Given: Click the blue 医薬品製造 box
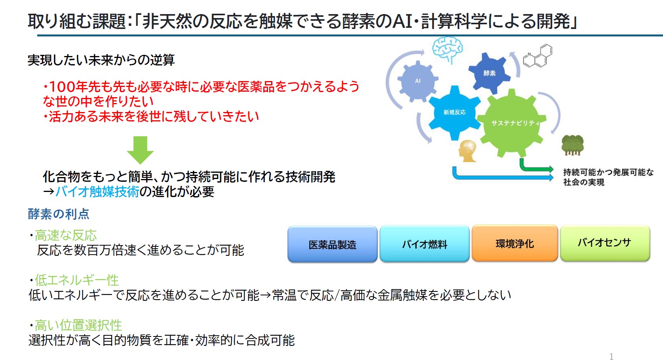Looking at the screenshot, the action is [332, 244].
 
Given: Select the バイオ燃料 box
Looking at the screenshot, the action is [424, 244].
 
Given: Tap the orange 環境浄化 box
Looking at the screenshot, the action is [515, 243].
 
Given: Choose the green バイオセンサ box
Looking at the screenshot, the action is [605, 243].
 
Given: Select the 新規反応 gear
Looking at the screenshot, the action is [454, 112].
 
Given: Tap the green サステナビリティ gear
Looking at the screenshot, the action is [512, 123].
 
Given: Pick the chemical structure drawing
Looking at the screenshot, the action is [538, 56].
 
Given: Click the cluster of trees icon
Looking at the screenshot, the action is [572, 145].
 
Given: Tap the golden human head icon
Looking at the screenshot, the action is [467, 151].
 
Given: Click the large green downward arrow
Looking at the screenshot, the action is [140, 150].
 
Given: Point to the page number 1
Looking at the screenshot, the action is [611, 356].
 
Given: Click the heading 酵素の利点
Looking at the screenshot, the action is [58, 214].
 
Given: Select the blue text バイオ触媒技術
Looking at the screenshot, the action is [98, 192].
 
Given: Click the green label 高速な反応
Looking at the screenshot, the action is [66, 235].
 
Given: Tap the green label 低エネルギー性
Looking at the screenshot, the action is [77, 280].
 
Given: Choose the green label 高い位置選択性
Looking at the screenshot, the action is [78, 325].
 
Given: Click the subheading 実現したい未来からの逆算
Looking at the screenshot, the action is [101, 60].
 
